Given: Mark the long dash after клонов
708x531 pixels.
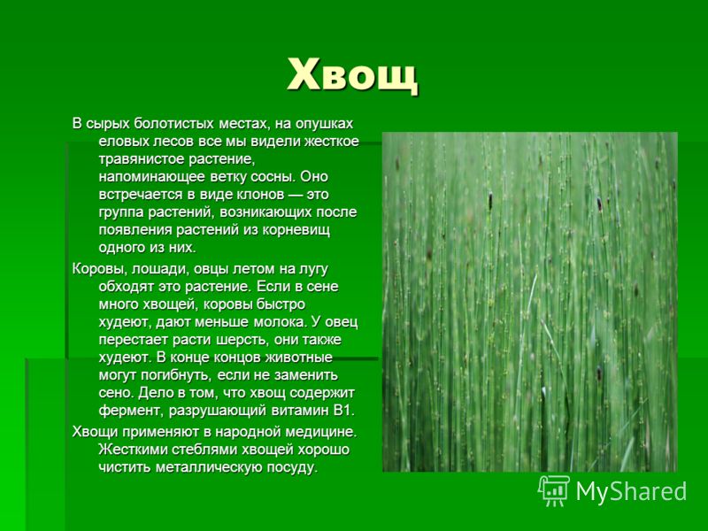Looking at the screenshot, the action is click(x=296, y=195).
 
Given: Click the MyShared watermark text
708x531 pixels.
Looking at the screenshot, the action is click(x=631, y=491).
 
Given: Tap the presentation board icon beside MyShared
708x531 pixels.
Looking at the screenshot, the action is click(x=554, y=490).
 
